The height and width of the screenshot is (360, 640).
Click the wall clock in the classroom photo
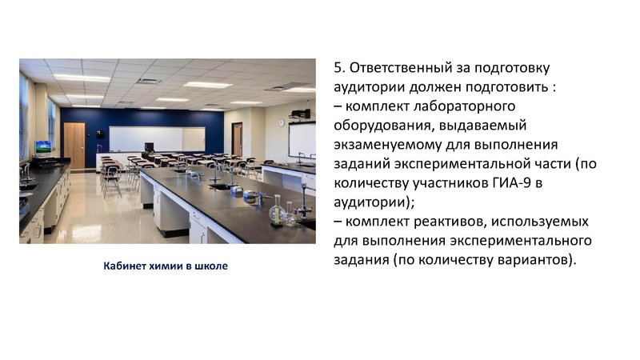click(281, 122)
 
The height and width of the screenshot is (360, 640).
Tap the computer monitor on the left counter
click(42, 148)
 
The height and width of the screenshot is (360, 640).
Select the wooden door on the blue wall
click(74, 144)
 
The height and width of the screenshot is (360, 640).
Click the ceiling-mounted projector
click(300, 114)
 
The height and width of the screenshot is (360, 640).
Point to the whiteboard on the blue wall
click(157, 138)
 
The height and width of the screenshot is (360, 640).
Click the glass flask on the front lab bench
click(277, 212)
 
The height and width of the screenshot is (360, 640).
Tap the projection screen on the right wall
click(302, 140)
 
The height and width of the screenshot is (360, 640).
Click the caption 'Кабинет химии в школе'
click(165, 266)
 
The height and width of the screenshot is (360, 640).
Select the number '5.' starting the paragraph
click(339, 68)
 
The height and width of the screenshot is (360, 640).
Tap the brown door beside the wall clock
click(237, 138)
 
